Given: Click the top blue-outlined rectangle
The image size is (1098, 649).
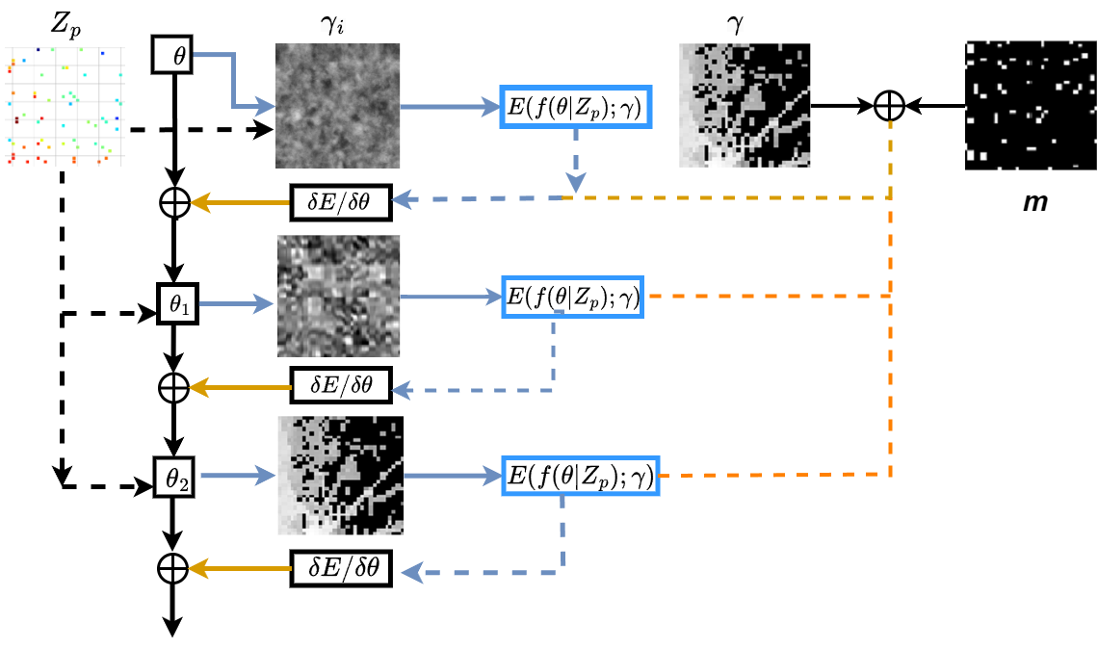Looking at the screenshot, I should click(576, 107).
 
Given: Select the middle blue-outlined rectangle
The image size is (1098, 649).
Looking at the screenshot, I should click(572, 297).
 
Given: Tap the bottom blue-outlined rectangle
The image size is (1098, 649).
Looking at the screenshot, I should click(581, 476).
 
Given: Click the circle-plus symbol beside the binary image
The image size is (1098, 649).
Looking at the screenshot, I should click(889, 106).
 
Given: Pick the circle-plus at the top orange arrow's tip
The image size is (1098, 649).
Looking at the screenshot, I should click(174, 202).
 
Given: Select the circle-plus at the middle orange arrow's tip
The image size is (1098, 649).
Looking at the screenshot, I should click(173, 388).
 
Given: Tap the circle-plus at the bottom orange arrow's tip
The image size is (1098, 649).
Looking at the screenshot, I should click(172, 568).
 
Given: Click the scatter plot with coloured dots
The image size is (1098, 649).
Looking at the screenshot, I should click(65, 106).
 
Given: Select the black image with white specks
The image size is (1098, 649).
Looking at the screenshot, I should click(1031, 105).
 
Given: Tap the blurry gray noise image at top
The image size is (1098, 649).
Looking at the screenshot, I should click(338, 106).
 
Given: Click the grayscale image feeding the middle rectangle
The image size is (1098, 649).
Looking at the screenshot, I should click(339, 296).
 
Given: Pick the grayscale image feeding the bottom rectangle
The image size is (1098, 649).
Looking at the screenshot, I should click(340, 476).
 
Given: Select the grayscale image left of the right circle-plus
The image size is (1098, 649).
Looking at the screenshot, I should click(745, 105).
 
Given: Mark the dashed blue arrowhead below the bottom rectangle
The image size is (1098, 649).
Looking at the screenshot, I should click(413, 573).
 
